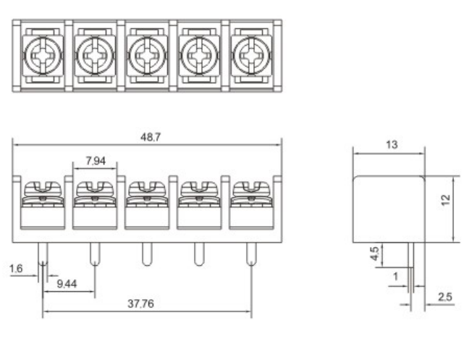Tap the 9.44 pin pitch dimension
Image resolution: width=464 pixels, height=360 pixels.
pyautogui.click(x=68, y=285)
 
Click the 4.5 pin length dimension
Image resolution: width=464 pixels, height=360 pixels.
pyautogui.click(x=373, y=255)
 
